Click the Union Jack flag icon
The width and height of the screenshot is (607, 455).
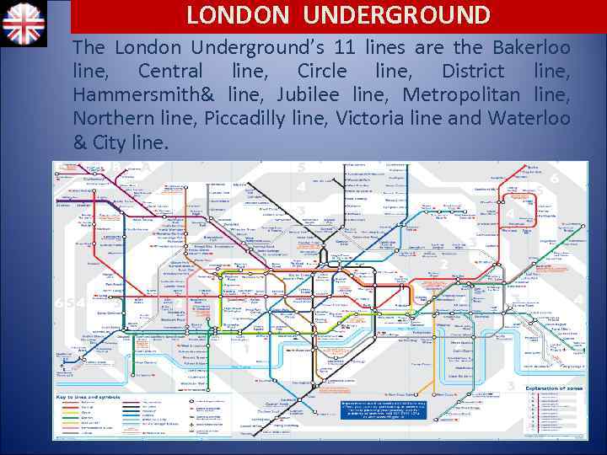[x=24, y=23]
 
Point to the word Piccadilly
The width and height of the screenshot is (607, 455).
[x=245, y=119]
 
